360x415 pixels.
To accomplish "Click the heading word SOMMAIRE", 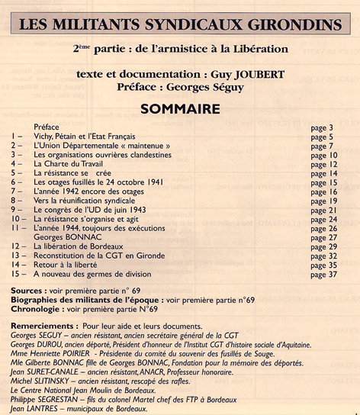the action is coord(180,108).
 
